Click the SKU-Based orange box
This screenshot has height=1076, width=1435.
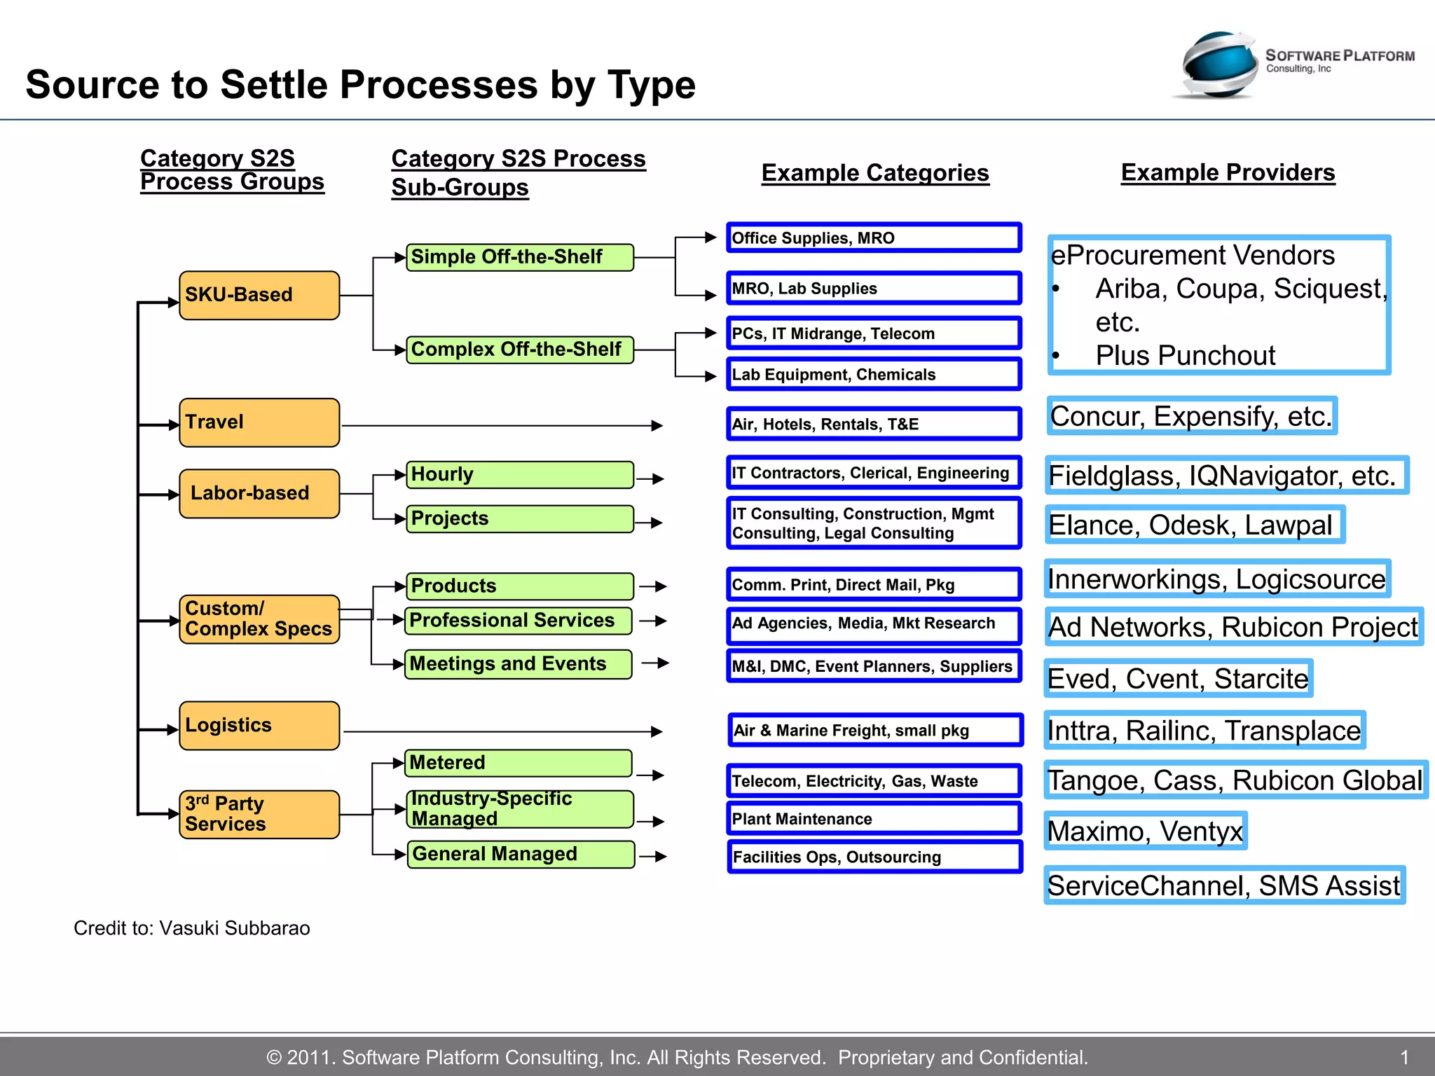(259, 296)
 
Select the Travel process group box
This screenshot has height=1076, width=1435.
(259, 423)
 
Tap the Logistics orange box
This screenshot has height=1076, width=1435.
(259, 726)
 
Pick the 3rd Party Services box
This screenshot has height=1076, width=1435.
(259, 814)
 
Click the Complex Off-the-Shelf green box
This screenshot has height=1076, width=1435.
(520, 350)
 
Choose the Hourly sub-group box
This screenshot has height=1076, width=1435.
(520, 475)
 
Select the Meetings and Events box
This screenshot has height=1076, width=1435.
(519, 664)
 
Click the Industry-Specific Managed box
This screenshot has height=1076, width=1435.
(520, 809)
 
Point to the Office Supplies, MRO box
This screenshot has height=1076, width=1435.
(874, 238)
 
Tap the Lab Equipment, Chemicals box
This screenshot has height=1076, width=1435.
(874, 375)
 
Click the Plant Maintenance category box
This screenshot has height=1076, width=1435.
(874, 819)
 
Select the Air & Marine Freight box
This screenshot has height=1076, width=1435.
(875, 731)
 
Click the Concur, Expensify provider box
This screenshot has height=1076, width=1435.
(1192, 416)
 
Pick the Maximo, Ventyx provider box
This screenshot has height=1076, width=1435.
(1146, 832)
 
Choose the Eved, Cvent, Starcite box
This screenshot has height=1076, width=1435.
(1178, 679)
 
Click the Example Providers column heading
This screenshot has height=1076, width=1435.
(1228, 173)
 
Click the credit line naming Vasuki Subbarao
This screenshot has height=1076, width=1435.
(191, 928)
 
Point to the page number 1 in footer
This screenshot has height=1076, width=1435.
(1404, 1057)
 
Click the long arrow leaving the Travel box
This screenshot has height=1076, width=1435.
(501, 425)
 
